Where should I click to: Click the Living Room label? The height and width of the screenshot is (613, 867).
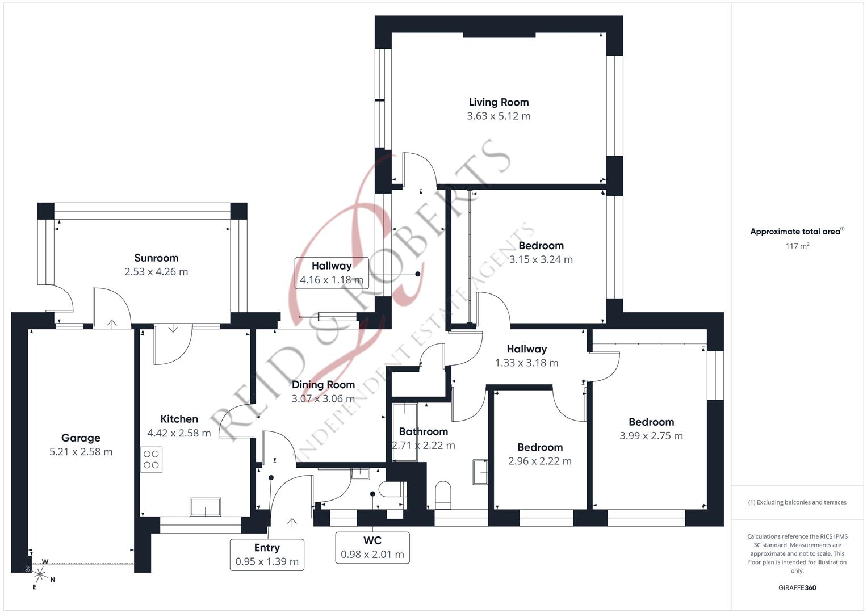(499, 102)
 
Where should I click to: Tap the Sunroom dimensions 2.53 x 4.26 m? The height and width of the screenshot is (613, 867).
(156, 272)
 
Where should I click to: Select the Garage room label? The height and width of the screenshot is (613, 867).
(81, 438)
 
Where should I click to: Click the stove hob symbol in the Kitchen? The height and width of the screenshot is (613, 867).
(151, 459)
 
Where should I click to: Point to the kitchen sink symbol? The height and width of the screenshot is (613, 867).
(206, 507)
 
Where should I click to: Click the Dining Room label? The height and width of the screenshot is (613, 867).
(323, 385)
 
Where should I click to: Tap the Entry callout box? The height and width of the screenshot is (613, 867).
(267, 555)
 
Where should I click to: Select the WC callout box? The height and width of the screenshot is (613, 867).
(372, 547)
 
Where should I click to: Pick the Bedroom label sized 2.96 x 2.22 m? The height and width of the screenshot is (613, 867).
(540, 447)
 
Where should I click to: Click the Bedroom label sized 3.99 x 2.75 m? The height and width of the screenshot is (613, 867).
(651, 422)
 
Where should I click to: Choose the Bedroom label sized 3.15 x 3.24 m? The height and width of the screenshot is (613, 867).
(541, 246)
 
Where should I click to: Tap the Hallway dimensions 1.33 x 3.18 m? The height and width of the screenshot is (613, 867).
(526, 363)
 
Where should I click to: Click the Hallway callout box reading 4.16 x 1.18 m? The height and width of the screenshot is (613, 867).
(332, 272)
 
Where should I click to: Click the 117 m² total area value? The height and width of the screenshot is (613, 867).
(797, 246)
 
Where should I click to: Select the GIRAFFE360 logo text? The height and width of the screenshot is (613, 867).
(797, 587)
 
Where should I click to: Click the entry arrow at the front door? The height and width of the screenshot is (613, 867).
(292, 522)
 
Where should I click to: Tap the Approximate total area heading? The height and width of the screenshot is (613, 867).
(797, 231)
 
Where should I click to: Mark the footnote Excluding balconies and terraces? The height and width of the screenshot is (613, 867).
(797, 502)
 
